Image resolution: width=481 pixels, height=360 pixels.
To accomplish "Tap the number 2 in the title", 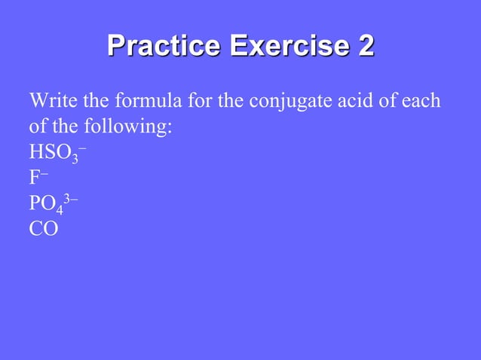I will (x=364, y=47).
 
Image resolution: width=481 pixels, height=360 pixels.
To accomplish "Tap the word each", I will (x=421, y=101).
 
